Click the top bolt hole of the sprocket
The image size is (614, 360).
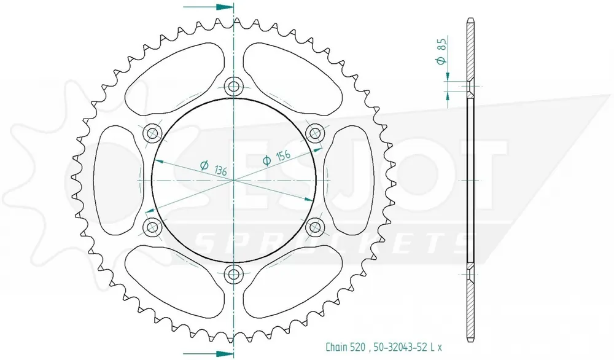click(234, 86)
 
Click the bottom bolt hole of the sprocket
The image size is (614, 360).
click(234, 274)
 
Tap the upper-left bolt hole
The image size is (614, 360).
click(152, 133)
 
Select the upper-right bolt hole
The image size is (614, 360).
click(315, 133)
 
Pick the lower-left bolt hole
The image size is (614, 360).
click(152, 227)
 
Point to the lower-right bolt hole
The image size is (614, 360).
click(315, 227)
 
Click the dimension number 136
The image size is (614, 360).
click(220, 170)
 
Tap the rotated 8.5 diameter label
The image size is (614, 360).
click(441, 50)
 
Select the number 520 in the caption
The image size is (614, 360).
click(359, 347)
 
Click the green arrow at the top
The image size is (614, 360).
click(208, 7)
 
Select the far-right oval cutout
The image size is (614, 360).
click(348, 180)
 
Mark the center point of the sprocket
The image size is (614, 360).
click(234, 180)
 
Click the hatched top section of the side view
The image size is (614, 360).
click(470, 50)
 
